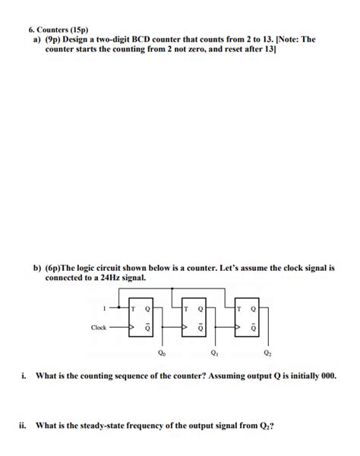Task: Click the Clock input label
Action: (99, 328)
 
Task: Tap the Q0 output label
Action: (159, 353)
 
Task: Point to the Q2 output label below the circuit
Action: (267, 353)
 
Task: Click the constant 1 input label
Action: (104, 308)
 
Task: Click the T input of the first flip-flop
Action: (134, 309)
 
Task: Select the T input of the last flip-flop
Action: (241, 309)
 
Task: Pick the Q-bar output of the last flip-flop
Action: (254, 329)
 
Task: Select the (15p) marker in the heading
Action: (78, 30)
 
